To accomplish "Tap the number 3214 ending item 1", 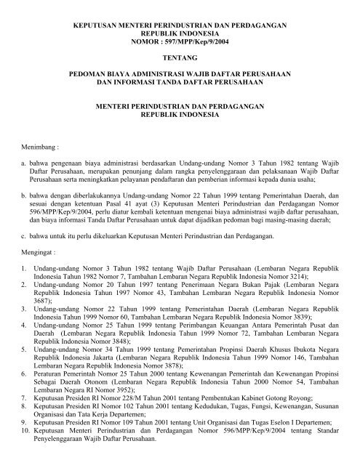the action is (289, 286).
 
